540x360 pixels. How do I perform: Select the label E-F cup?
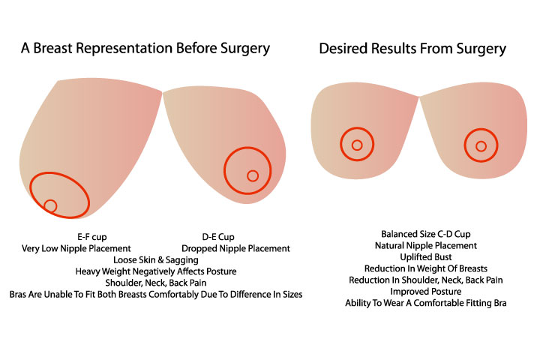92,237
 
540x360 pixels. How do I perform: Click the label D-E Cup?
218,237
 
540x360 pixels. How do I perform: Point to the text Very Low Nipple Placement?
76,248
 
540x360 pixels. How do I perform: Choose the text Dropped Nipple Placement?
236,248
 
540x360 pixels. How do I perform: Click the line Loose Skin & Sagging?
156,259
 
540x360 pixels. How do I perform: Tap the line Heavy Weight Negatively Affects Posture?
156,271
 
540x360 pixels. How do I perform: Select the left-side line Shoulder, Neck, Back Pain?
156,283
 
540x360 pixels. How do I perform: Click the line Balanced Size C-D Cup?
426,234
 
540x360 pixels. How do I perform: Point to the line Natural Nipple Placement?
426,246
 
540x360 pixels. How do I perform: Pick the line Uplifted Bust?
426,257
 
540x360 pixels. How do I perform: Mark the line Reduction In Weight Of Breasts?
426,268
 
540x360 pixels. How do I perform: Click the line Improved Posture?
426,292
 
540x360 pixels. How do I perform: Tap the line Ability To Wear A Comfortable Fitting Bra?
426,303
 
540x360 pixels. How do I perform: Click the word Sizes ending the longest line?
292,295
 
